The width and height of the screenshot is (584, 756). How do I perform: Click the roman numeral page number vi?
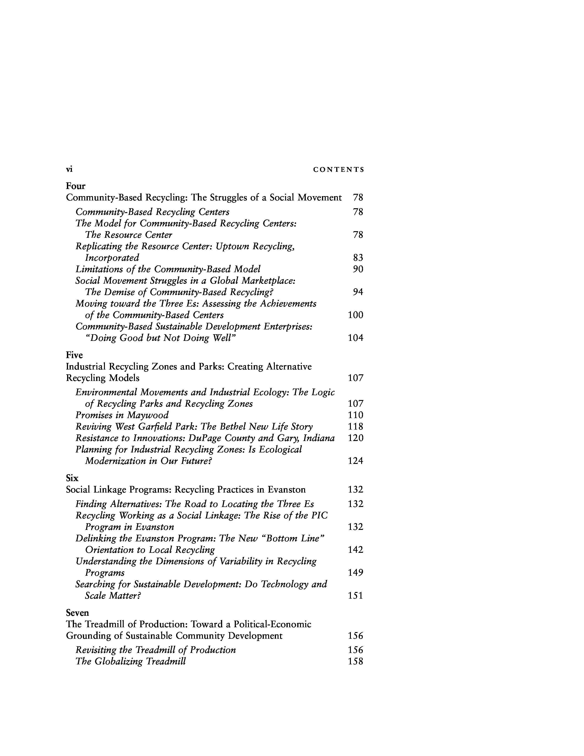tap(69, 169)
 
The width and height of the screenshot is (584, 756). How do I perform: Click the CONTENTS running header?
tap(338, 170)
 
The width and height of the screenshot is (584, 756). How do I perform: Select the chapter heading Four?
tap(75, 186)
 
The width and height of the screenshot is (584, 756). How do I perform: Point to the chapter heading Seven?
tap(77, 613)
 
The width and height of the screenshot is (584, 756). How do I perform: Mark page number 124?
tap(355, 461)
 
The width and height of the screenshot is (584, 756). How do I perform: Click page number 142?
tap(355, 550)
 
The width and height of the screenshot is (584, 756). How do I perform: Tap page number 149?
tap(355, 572)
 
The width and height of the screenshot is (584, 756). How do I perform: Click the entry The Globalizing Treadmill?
tap(131, 662)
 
